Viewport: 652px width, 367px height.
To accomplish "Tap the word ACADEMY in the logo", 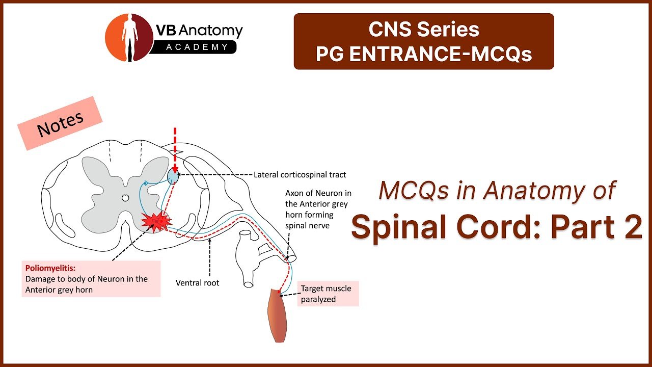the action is pyautogui.click(x=197, y=47).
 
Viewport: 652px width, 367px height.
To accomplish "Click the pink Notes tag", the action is pyautogui.click(x=60, y=123).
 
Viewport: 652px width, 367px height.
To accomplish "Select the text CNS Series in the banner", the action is pyautogui.click(x=424, y=29).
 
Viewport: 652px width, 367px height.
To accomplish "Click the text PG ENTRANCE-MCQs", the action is pyautogui.click(x=424, y=54).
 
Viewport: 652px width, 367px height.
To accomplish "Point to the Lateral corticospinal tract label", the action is pyautogui.click(x=300, y=175).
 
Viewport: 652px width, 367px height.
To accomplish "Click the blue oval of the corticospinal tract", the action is pyautogui.click(x=173, y=177).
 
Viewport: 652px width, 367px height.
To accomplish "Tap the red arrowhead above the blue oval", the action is pyautogui.click(x=175, y=169).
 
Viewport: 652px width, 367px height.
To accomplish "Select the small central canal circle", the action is pyautogui.click(x=125, y=198).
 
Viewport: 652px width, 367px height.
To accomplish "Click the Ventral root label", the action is pyautogui.click(x=197, y=283).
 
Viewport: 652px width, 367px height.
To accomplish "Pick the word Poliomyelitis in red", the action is pyautogui.click(x=50, y=268).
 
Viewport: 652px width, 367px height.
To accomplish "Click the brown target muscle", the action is pyautogui.click(x=278, y=315).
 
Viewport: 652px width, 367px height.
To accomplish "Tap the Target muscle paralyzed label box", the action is pyautogui.click(x=328, y=294).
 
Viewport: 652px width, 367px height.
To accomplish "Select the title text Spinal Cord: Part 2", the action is pyautogui.click(x=497, y=227).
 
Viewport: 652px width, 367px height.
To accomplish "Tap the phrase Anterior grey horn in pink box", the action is pyautogui.click(x=59, y=290).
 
